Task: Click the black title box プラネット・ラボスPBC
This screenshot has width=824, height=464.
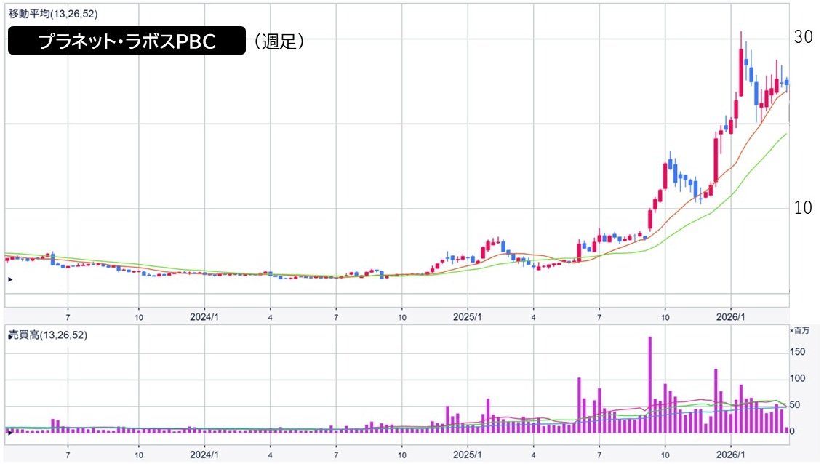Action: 127,41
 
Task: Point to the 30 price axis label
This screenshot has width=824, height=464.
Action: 803,38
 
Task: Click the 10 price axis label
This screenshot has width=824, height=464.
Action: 803,208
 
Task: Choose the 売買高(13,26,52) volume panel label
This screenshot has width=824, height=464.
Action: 47,335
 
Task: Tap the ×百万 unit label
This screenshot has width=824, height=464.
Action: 799,331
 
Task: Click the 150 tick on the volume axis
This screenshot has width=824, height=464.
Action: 799,352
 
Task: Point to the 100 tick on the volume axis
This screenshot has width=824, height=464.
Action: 799,379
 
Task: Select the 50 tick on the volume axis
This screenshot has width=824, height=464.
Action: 796,405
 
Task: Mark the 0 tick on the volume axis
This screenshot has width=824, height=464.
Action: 793,431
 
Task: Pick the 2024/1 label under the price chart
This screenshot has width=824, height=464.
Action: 204,318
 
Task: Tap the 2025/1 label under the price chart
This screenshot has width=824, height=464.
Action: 468,318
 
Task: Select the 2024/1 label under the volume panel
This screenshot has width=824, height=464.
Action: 204,454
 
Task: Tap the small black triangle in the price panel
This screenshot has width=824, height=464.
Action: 10,279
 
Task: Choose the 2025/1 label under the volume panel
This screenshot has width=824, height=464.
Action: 468,454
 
